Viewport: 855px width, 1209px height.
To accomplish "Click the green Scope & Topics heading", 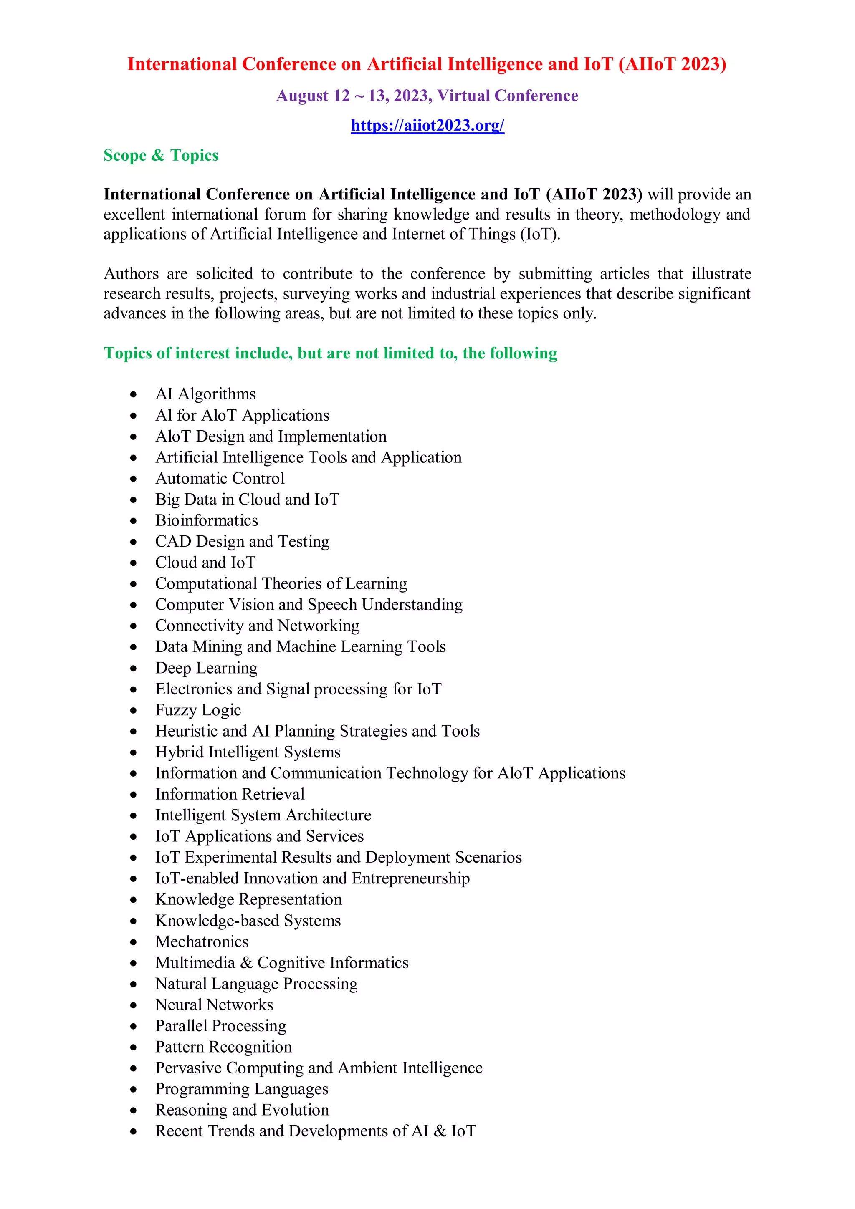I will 161,155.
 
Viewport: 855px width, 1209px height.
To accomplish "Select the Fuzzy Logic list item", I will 198,710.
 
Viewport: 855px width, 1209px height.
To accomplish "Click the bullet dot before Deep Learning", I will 134,668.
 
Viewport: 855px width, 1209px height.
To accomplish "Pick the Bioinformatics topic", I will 207,520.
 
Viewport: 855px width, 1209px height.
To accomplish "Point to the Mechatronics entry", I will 202,941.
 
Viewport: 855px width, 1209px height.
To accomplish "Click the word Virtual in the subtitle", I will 463,96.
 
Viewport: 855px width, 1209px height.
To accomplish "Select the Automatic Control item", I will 220,478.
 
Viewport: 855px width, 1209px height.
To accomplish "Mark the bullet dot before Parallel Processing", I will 134,1026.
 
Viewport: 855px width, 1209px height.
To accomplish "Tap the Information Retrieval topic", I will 230,794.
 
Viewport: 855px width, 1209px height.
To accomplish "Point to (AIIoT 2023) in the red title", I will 673,64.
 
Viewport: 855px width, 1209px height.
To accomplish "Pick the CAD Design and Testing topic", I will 242,541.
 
